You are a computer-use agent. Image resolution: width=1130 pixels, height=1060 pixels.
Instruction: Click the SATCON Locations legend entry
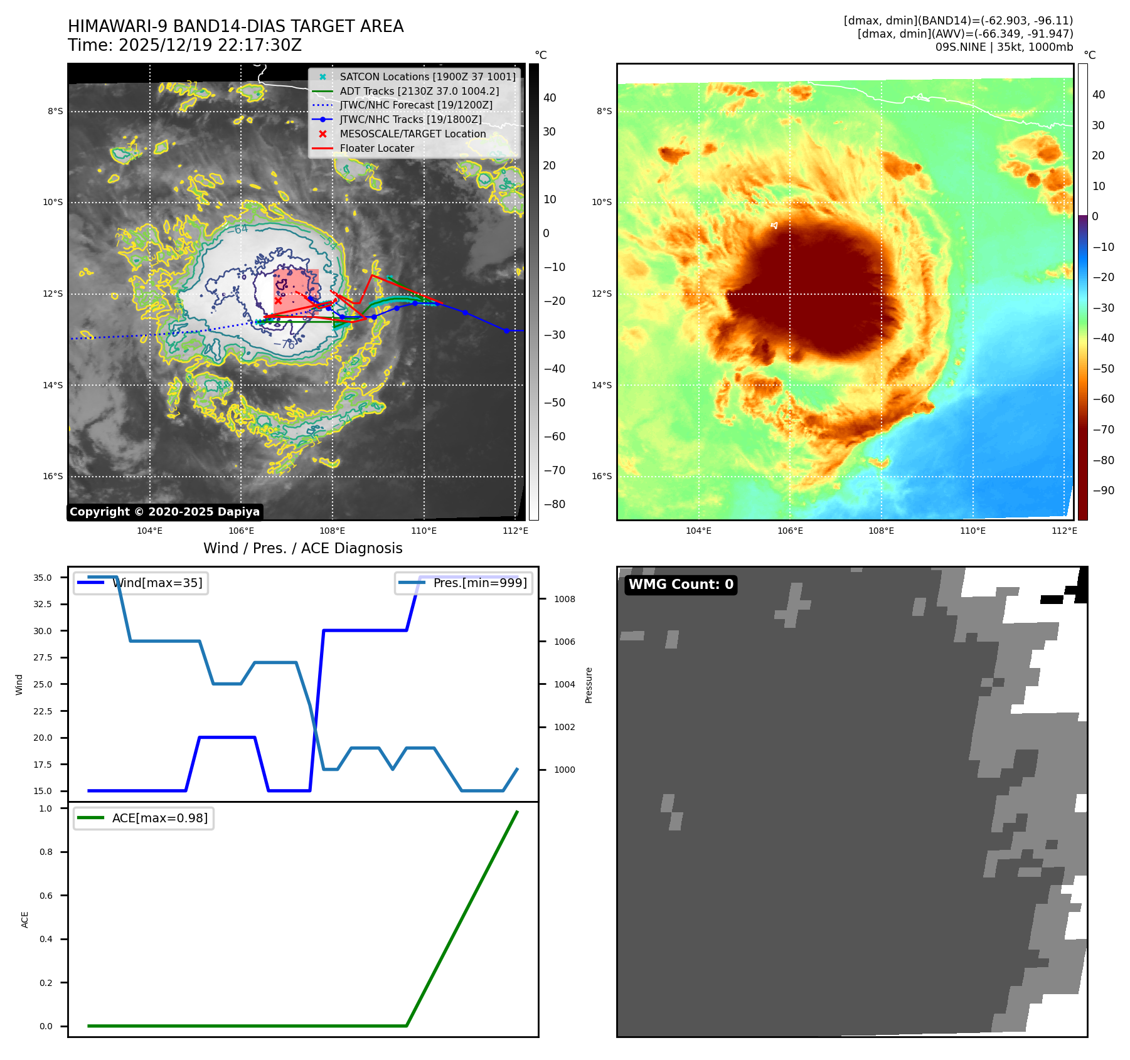point(427,77)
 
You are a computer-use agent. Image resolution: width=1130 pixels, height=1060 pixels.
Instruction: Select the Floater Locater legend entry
point(376,149)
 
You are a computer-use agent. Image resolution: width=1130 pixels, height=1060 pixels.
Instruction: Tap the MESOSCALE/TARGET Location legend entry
point(412,134)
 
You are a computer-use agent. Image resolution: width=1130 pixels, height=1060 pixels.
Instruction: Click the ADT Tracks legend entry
point(419,91)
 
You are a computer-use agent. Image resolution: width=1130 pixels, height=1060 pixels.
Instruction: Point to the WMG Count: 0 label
point(681,585)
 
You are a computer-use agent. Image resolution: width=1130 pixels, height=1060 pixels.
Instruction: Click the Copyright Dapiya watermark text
point(164,512)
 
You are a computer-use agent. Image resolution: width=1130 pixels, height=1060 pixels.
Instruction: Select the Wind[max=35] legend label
point(157,583)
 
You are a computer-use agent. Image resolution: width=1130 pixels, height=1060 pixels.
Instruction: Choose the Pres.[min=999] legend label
point(480,583)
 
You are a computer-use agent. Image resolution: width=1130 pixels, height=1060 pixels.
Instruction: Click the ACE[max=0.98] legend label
point(159,818)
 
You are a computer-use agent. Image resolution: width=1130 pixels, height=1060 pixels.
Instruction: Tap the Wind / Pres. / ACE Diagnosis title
point(302,548)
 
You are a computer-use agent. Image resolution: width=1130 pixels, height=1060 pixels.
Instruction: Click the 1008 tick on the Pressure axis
point(564,599)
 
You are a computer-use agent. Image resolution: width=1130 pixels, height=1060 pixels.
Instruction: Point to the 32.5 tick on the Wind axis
point(43,604)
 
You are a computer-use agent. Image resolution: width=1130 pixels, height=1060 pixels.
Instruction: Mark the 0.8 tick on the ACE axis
point(46,852)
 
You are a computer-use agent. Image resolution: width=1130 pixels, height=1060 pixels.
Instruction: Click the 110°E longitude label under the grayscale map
point(424,531)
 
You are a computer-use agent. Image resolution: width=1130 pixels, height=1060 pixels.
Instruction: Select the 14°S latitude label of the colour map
point(601,385)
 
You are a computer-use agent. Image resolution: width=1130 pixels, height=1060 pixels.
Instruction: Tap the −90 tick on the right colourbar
point(1103,490)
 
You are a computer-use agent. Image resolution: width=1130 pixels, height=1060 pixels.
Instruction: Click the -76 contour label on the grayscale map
point(288,344)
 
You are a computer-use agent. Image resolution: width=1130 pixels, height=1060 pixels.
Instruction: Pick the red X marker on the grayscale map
point(278,300)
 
